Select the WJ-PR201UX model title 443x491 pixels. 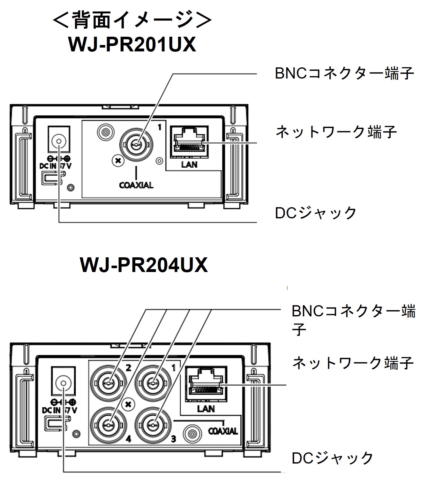[x=132, y=45]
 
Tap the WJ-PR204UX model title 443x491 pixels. [x=144, y=265]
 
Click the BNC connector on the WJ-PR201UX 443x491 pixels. [x=136, y=144]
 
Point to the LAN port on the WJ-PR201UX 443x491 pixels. [x=189, y=143]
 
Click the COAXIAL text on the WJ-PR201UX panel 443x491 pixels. [x=136, y=185]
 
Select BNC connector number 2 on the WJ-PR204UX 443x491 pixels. [x=109, y=382]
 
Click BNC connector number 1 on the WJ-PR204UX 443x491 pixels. [x=153, y=382]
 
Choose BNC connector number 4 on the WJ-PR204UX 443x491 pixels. [x=109, y=425]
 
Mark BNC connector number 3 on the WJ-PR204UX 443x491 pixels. [x=153, y=425]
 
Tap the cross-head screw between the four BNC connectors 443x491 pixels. [x=129, y=404]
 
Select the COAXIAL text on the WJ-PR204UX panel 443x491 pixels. [x=223, y=431]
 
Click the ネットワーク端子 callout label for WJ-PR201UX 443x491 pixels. [x=336, y=132]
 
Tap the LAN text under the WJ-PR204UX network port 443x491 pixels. [x=206, y=409]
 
